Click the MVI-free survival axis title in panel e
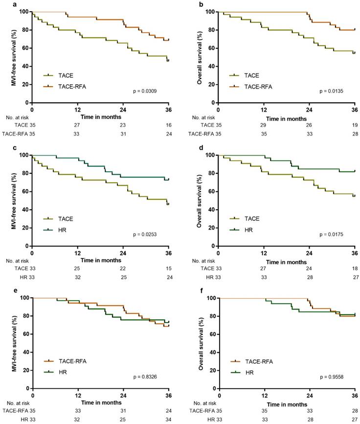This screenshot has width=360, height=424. [x=13, y=343]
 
